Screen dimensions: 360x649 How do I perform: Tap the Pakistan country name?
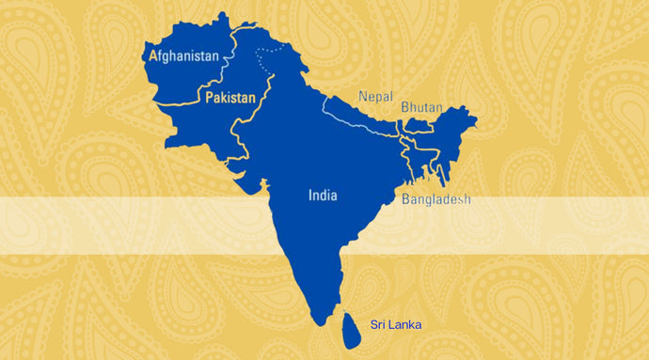(230, 98)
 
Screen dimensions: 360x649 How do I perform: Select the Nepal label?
(375, 96)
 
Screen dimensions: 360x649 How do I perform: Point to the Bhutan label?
(421, 108)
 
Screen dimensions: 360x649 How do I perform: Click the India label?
(323, 196)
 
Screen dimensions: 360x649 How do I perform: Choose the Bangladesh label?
(435, 199)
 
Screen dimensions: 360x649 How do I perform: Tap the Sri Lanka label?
(396, 324)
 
